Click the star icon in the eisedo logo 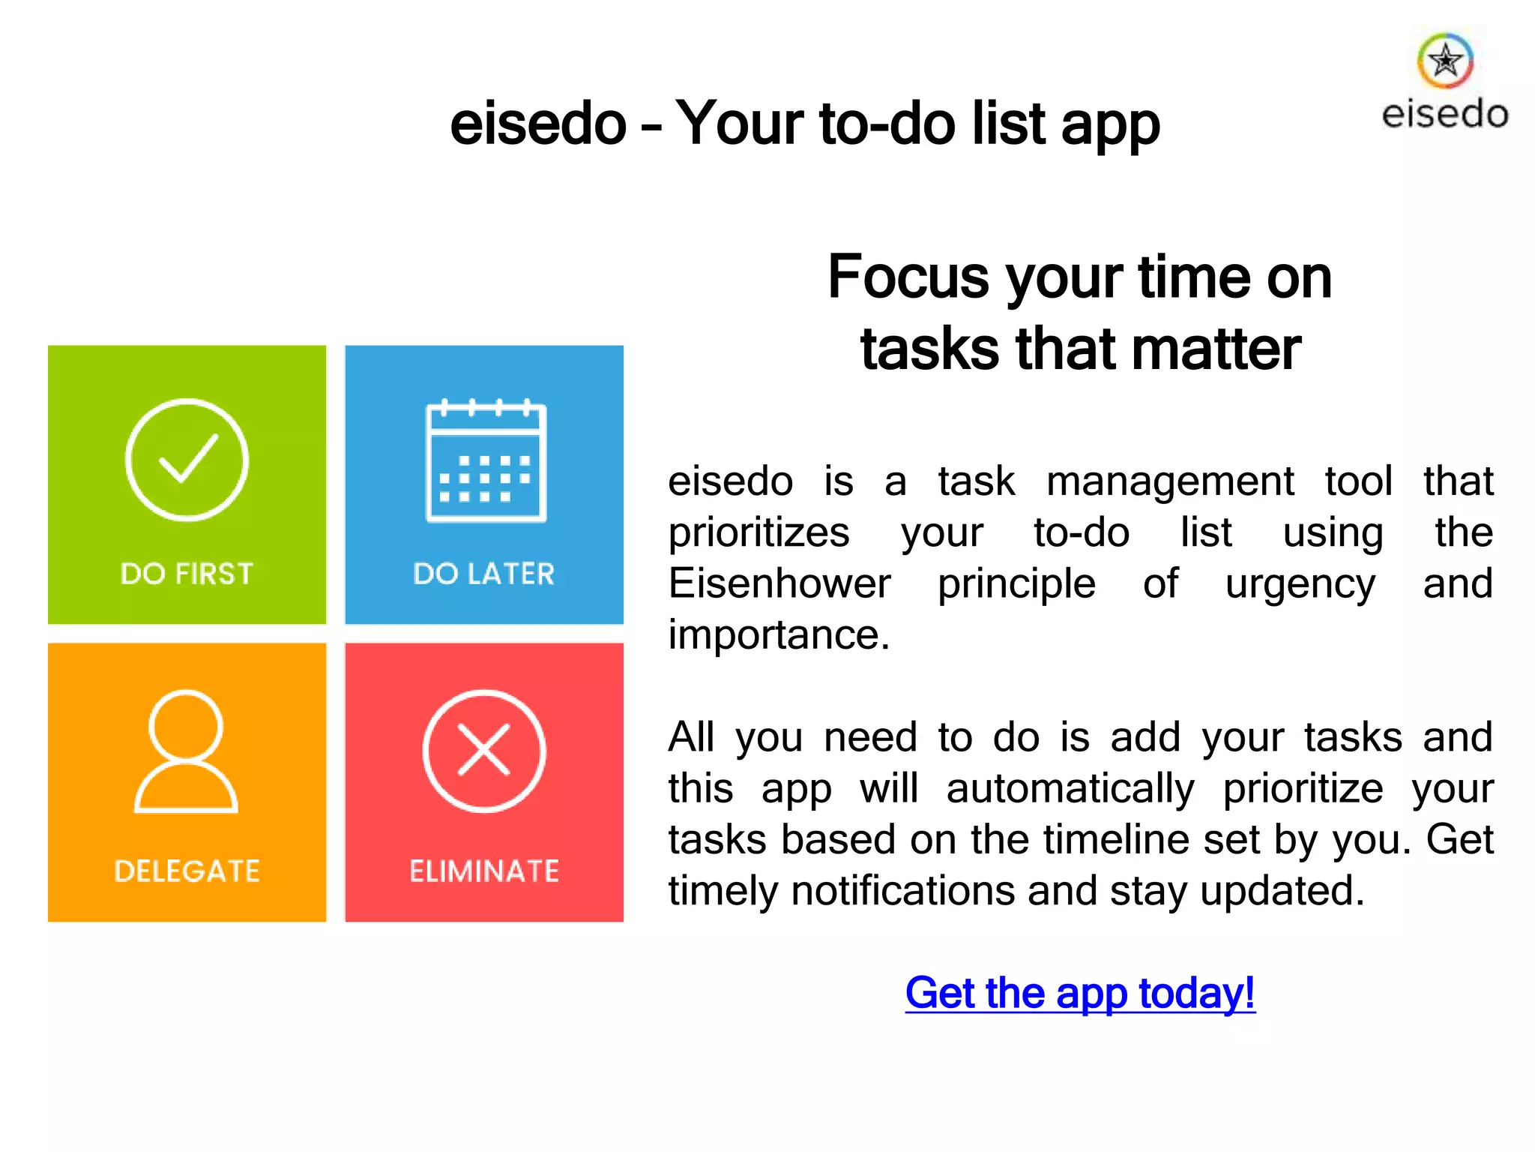pyautogui.click(x=1445, y=61)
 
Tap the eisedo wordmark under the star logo pyautogui.click(x=1445, y=115)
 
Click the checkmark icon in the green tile pyautogui.click(x=187, y=460)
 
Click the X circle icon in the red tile pyautogui.click(x=484, y=751)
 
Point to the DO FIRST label pyautogui.click(x=187, y=574)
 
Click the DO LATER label pyautogui.click(x=484, y=574)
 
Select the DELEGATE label pyautogui.click(x=187, y=871)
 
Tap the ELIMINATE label pyautogui.click(x=484, y=871)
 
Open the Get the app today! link pyautogui.click(x=1080, y=993)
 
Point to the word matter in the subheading pyautogui.click(x=1215, y=349)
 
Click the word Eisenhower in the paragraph pyautogui.click(x=779, y=583)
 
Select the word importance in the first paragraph pyautogui.click(x=779, y=635)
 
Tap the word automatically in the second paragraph pyautogui.click(x=1070, y=789)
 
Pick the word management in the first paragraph pyautogui.click(x=1170, y=481)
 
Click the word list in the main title pyautogui.click(x=1007, y=124)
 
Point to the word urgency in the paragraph pyautogui.click(x=1300, y=583)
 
